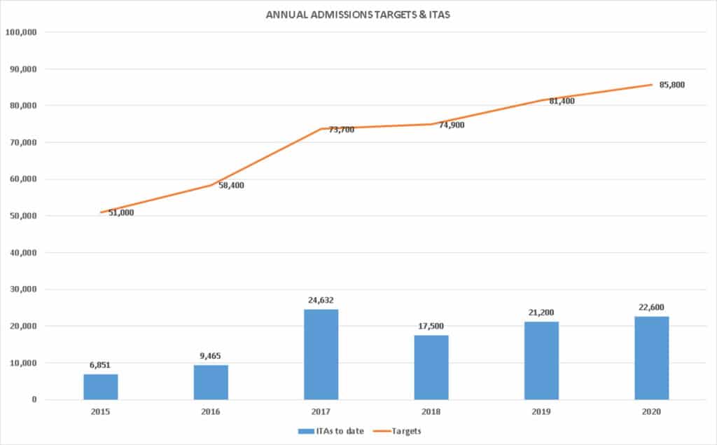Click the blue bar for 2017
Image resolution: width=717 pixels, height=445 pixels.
[x=321, y=354]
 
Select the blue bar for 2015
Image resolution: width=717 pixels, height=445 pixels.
[x=101, y=387]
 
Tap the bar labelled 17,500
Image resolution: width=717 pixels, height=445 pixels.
[x=431, y=367]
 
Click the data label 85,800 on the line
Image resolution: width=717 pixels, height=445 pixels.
[x=672, y=85]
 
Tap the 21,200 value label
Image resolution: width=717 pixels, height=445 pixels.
[x=541, y=313]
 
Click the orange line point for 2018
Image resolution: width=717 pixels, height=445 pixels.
[x=431, y=124]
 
